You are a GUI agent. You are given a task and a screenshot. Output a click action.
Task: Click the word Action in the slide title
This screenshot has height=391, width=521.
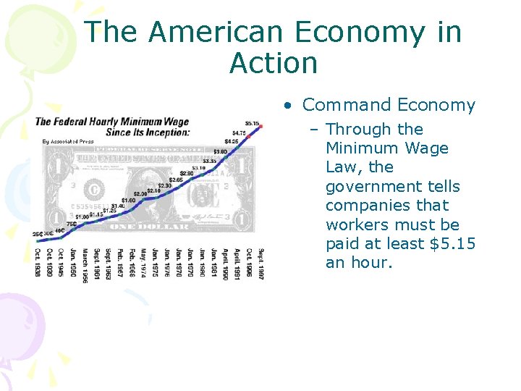coord(274,63)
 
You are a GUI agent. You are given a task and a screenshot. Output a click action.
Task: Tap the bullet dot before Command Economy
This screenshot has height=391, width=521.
coord(288,106)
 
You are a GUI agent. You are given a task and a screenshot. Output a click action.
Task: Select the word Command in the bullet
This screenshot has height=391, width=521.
coord(336,105)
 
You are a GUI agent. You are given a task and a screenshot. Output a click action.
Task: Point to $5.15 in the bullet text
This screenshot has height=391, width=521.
coord(452,243)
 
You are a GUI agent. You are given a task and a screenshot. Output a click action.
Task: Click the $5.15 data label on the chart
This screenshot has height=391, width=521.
coord(252,124)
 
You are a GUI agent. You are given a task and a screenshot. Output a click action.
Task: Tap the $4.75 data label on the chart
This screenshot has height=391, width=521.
coord(239,133)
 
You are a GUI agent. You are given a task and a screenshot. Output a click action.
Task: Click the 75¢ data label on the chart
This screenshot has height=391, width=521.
coord(71,224)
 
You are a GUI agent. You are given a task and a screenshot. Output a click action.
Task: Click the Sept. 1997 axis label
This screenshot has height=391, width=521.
coord(260,265)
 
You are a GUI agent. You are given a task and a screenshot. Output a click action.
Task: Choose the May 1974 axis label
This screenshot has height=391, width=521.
coord(143,263)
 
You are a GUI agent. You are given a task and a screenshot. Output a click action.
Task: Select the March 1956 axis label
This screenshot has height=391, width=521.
coord(84,266)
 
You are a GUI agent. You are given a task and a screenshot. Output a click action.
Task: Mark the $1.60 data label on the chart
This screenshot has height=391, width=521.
coord(128,200)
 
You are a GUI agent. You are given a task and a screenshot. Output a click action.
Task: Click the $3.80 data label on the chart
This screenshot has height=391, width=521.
coord(220,151)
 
